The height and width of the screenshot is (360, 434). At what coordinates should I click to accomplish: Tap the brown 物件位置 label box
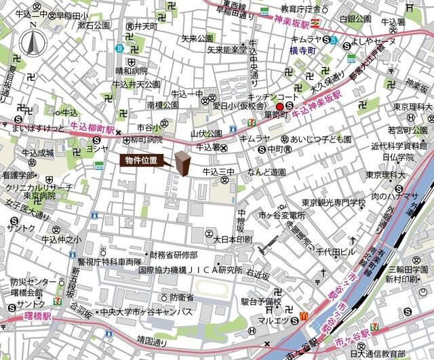[144, 161]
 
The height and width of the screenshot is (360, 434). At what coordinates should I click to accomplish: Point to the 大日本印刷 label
[233, 240]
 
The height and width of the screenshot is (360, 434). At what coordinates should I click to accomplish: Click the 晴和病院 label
[131, 71]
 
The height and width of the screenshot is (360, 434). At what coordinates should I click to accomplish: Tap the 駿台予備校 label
[261, 300]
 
